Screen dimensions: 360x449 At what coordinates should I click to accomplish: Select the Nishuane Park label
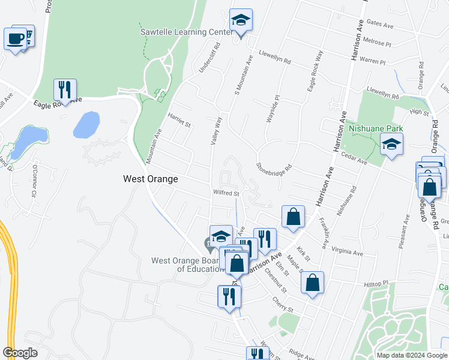377,128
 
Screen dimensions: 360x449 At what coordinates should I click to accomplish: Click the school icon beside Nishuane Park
391,145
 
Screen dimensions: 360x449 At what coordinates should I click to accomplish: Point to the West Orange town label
150,179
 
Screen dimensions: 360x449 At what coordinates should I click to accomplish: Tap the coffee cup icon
14,39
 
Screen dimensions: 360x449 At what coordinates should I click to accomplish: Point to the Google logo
20,353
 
